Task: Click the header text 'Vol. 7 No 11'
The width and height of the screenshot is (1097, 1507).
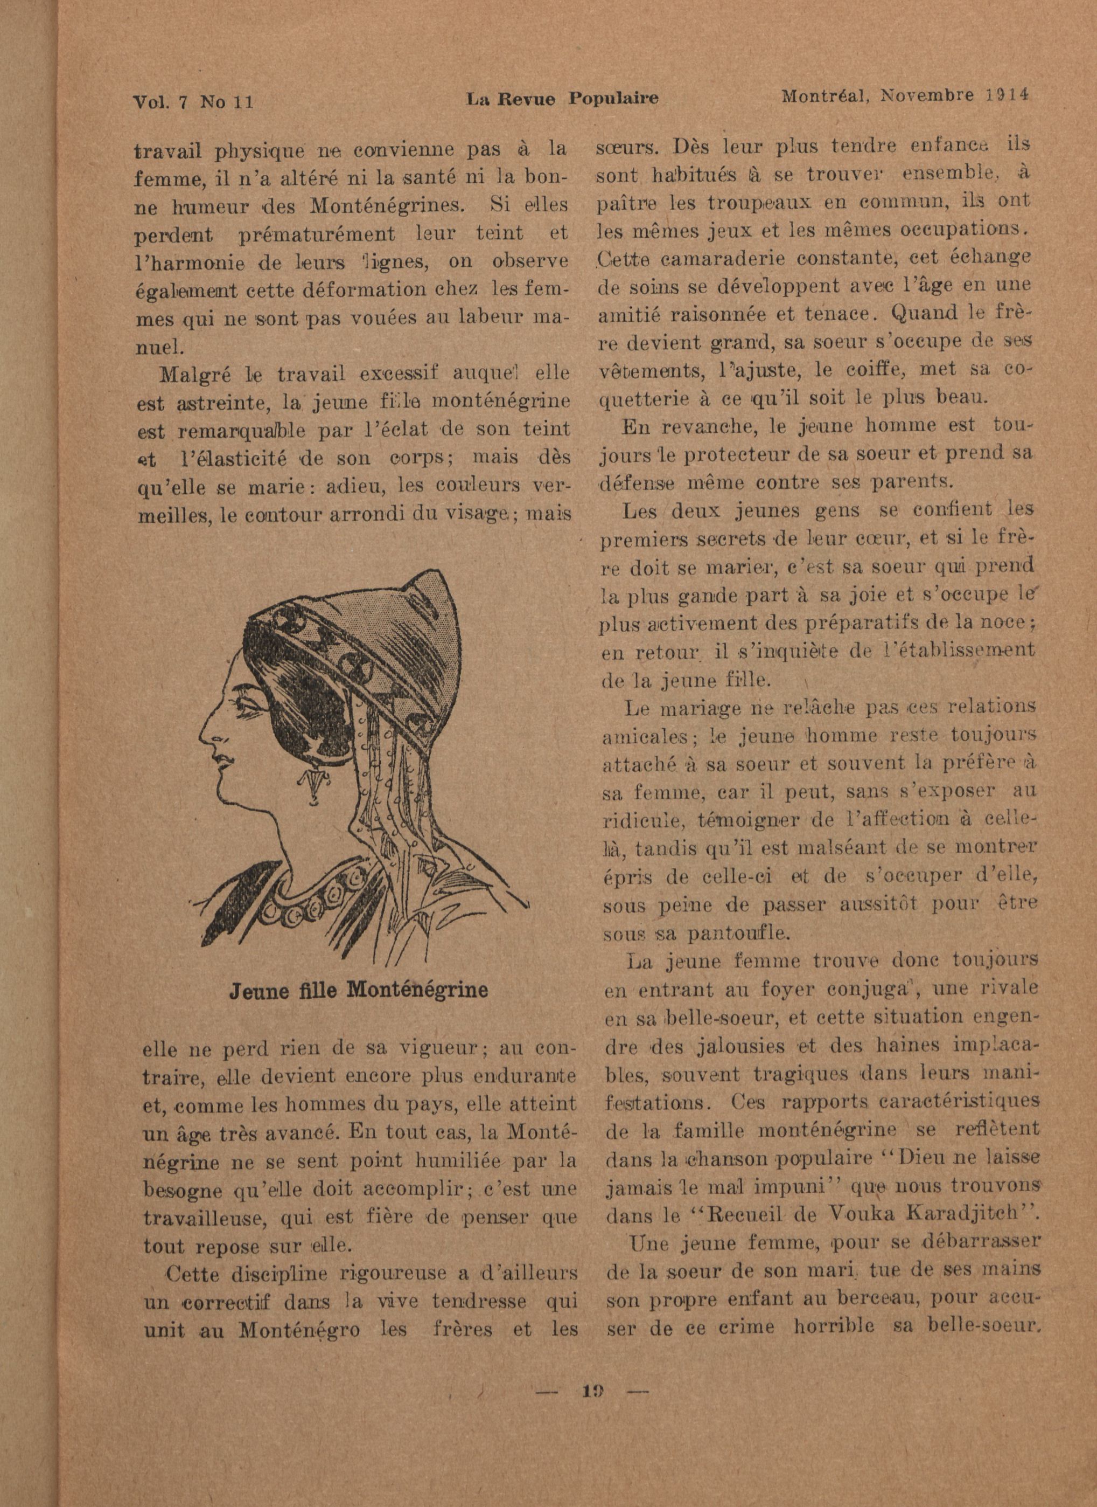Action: click(194, 102)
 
